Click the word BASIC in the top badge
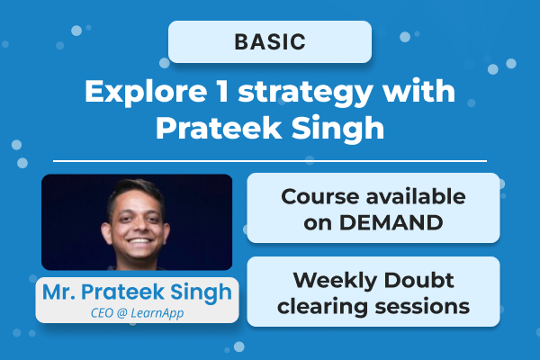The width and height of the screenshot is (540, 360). [269, 41]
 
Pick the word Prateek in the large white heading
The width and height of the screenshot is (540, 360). [210, 127]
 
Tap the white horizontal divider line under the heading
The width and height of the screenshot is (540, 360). [269, 161]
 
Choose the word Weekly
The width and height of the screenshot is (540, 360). [324, 280]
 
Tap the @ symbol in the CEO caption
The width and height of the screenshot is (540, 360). [125, 312]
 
